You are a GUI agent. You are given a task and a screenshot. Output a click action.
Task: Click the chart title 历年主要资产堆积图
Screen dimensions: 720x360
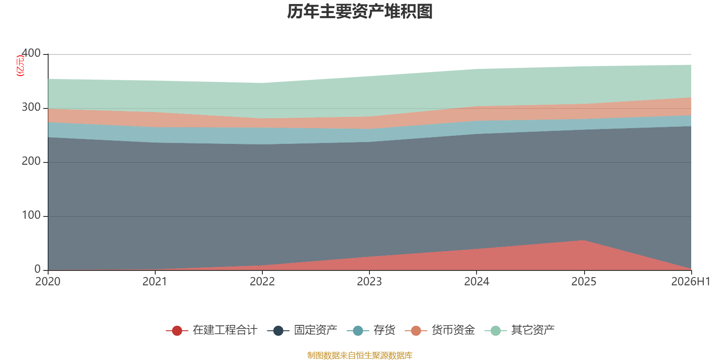click(360, 12)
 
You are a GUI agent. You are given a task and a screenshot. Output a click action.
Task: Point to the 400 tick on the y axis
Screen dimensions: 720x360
click(31, 53)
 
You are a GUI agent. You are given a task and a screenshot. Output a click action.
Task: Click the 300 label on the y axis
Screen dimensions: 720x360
click(31, 107)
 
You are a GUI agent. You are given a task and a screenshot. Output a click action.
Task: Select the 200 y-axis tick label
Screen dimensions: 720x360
click(31, 161)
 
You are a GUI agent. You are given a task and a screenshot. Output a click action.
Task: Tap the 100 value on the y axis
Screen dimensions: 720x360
click(31, 215)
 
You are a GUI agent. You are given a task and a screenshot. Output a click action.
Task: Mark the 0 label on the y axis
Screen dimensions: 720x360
click(38, 269)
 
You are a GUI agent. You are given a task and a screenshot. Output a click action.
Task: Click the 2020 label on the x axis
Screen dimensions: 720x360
click(48, 282)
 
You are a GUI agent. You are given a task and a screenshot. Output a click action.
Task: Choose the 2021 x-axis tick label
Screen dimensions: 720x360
click(155, 282)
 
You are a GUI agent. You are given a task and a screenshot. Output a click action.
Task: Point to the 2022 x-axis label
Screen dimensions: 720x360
click(262, 282)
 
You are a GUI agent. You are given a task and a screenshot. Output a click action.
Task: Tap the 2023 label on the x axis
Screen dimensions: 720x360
click(369, 282)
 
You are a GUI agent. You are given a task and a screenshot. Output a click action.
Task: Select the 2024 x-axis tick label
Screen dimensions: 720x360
click(477, 282)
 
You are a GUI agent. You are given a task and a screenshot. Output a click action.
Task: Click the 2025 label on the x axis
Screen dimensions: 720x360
click(584, 282)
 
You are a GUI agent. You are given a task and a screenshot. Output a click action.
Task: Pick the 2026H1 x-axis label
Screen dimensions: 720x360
click(690, 282)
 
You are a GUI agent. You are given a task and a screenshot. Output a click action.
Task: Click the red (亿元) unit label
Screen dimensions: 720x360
click(20, 66)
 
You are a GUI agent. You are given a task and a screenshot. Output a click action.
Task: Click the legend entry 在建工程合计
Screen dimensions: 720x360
click(211, 330)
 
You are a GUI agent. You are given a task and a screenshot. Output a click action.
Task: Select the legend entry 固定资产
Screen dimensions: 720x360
click(302, 330)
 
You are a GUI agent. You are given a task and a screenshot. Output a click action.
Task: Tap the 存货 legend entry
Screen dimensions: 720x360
click(371, 330)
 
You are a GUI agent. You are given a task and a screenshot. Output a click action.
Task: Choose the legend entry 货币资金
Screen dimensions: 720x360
click(440, 330)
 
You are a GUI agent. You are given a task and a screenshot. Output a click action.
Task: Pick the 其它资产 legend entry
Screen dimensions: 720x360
click(519, 330)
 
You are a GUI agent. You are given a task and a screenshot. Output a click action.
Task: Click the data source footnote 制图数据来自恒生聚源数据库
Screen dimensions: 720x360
click(360, 355)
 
